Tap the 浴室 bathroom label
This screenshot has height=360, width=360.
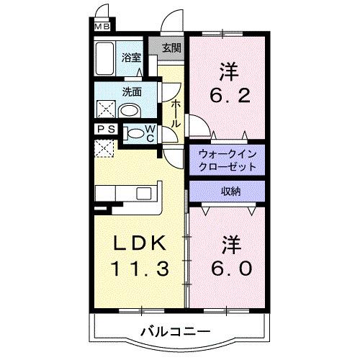pyautogui.click(x=130, y=57)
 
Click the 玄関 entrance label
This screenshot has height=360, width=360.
pyautogui.click(x=171, y=49)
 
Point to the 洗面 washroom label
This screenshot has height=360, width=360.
pyautogui.click(x=131, y=92)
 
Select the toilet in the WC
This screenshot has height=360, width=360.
pyautogui.click(x=134, y=134)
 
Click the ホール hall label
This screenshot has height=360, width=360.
pyautogui.click(x=176, y=113)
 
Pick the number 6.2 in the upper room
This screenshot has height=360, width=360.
pyautogui.click(x=229, y=95)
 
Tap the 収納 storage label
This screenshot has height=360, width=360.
pyautogui.click(x=230, y=191)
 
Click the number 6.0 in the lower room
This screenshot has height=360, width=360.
pyautogui.click(x=230, y=269)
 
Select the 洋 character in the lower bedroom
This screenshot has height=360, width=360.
pyautogui.click(x=230, y=243)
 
